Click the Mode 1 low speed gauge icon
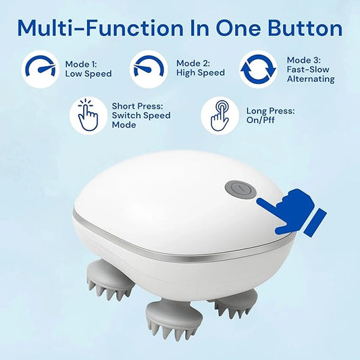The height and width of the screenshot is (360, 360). pos(40,68)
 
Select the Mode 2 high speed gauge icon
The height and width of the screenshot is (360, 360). pos(148,68)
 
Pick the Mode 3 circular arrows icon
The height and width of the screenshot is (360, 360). pos(259,69)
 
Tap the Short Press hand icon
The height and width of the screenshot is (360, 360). pos(88,115)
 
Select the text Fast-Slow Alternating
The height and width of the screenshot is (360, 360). pos(311,74)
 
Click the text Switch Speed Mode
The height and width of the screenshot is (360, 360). pos(141,120)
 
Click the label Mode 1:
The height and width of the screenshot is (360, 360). pos(80,64)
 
